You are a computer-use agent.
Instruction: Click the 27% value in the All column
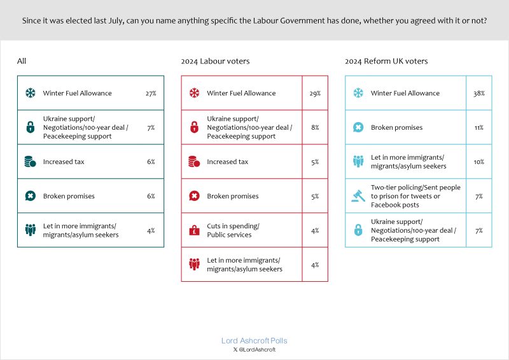(151, 93)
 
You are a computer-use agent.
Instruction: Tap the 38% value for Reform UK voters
(478, 93)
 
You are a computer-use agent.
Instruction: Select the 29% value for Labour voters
(315, 93)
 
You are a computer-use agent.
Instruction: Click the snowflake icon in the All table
(30, 93)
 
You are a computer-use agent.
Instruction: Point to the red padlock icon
(194, 128)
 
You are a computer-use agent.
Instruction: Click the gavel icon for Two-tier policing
(358, 196)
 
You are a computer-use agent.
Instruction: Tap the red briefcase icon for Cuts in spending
(194, 230)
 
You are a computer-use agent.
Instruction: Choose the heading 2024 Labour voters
(215, 62)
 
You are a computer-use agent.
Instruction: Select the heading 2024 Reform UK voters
(386, 62)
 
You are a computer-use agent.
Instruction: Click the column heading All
(22, 62)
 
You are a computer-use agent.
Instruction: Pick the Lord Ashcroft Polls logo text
(254, 341)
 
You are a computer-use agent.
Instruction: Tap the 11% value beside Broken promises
(478, 128)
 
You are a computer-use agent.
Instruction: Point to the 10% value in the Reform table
(478, 162)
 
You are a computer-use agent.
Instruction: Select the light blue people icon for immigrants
(358, 162)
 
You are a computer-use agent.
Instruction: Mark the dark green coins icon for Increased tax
(30, 162)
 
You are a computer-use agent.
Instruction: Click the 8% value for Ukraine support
(315, 128)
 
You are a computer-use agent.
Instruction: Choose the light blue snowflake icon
(358, 93)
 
